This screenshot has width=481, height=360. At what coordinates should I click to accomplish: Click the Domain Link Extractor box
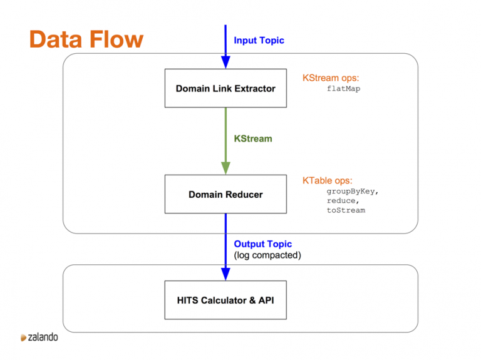225,88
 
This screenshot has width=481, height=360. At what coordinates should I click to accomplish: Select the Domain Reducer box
225,194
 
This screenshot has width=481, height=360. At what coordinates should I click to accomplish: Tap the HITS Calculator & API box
225,300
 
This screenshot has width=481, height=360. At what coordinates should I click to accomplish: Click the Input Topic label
259,41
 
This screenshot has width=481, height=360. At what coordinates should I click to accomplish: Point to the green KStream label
253,138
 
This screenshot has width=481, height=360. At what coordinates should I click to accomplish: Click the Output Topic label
263,244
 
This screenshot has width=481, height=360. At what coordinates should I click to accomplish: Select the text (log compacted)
267,255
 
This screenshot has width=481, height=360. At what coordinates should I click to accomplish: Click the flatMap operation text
344,89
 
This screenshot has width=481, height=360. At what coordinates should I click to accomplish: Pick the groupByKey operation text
353,192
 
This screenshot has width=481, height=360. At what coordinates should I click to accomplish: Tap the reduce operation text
343,201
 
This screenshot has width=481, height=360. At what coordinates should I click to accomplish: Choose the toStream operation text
346,210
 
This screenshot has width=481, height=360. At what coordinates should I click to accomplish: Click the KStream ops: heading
331,78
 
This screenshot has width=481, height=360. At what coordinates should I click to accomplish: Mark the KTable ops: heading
328,180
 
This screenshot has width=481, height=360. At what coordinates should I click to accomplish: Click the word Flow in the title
116,39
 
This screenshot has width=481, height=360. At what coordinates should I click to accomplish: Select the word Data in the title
56,39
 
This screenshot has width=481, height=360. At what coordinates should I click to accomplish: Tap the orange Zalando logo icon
23,337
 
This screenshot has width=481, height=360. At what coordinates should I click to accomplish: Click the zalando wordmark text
43,337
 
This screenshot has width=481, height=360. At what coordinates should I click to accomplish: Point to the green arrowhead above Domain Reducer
225,168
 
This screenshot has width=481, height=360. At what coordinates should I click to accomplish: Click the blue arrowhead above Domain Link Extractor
225,62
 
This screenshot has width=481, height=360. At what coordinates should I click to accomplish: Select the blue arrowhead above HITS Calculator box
225,274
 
